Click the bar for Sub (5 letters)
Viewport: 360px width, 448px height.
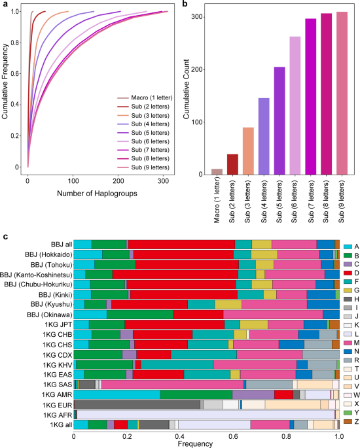(279, 120)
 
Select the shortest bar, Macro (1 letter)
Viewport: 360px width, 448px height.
(217, 172)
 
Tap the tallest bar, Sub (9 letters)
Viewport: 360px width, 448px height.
(342, 93)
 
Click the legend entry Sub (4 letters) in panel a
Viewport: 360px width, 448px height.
(143, 124)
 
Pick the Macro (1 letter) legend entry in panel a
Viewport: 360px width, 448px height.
(145, 97)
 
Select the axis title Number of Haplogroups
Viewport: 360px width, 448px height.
(97, 194)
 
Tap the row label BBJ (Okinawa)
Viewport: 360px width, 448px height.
(50, 315)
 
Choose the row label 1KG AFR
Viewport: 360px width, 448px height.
(58, 415)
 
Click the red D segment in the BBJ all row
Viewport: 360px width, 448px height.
(181, 245)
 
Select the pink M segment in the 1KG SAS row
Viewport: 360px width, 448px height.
(172, 385)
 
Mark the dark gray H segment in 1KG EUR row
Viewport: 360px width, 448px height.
(137, 405)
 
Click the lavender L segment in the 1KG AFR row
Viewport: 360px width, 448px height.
(206, 415)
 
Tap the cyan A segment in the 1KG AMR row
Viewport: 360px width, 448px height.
(117, 394)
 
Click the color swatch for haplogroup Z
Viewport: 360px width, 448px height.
(348, 421)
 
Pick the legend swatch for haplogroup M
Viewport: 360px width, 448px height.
(348, 343)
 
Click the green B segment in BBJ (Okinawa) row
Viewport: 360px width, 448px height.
(140, 315)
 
